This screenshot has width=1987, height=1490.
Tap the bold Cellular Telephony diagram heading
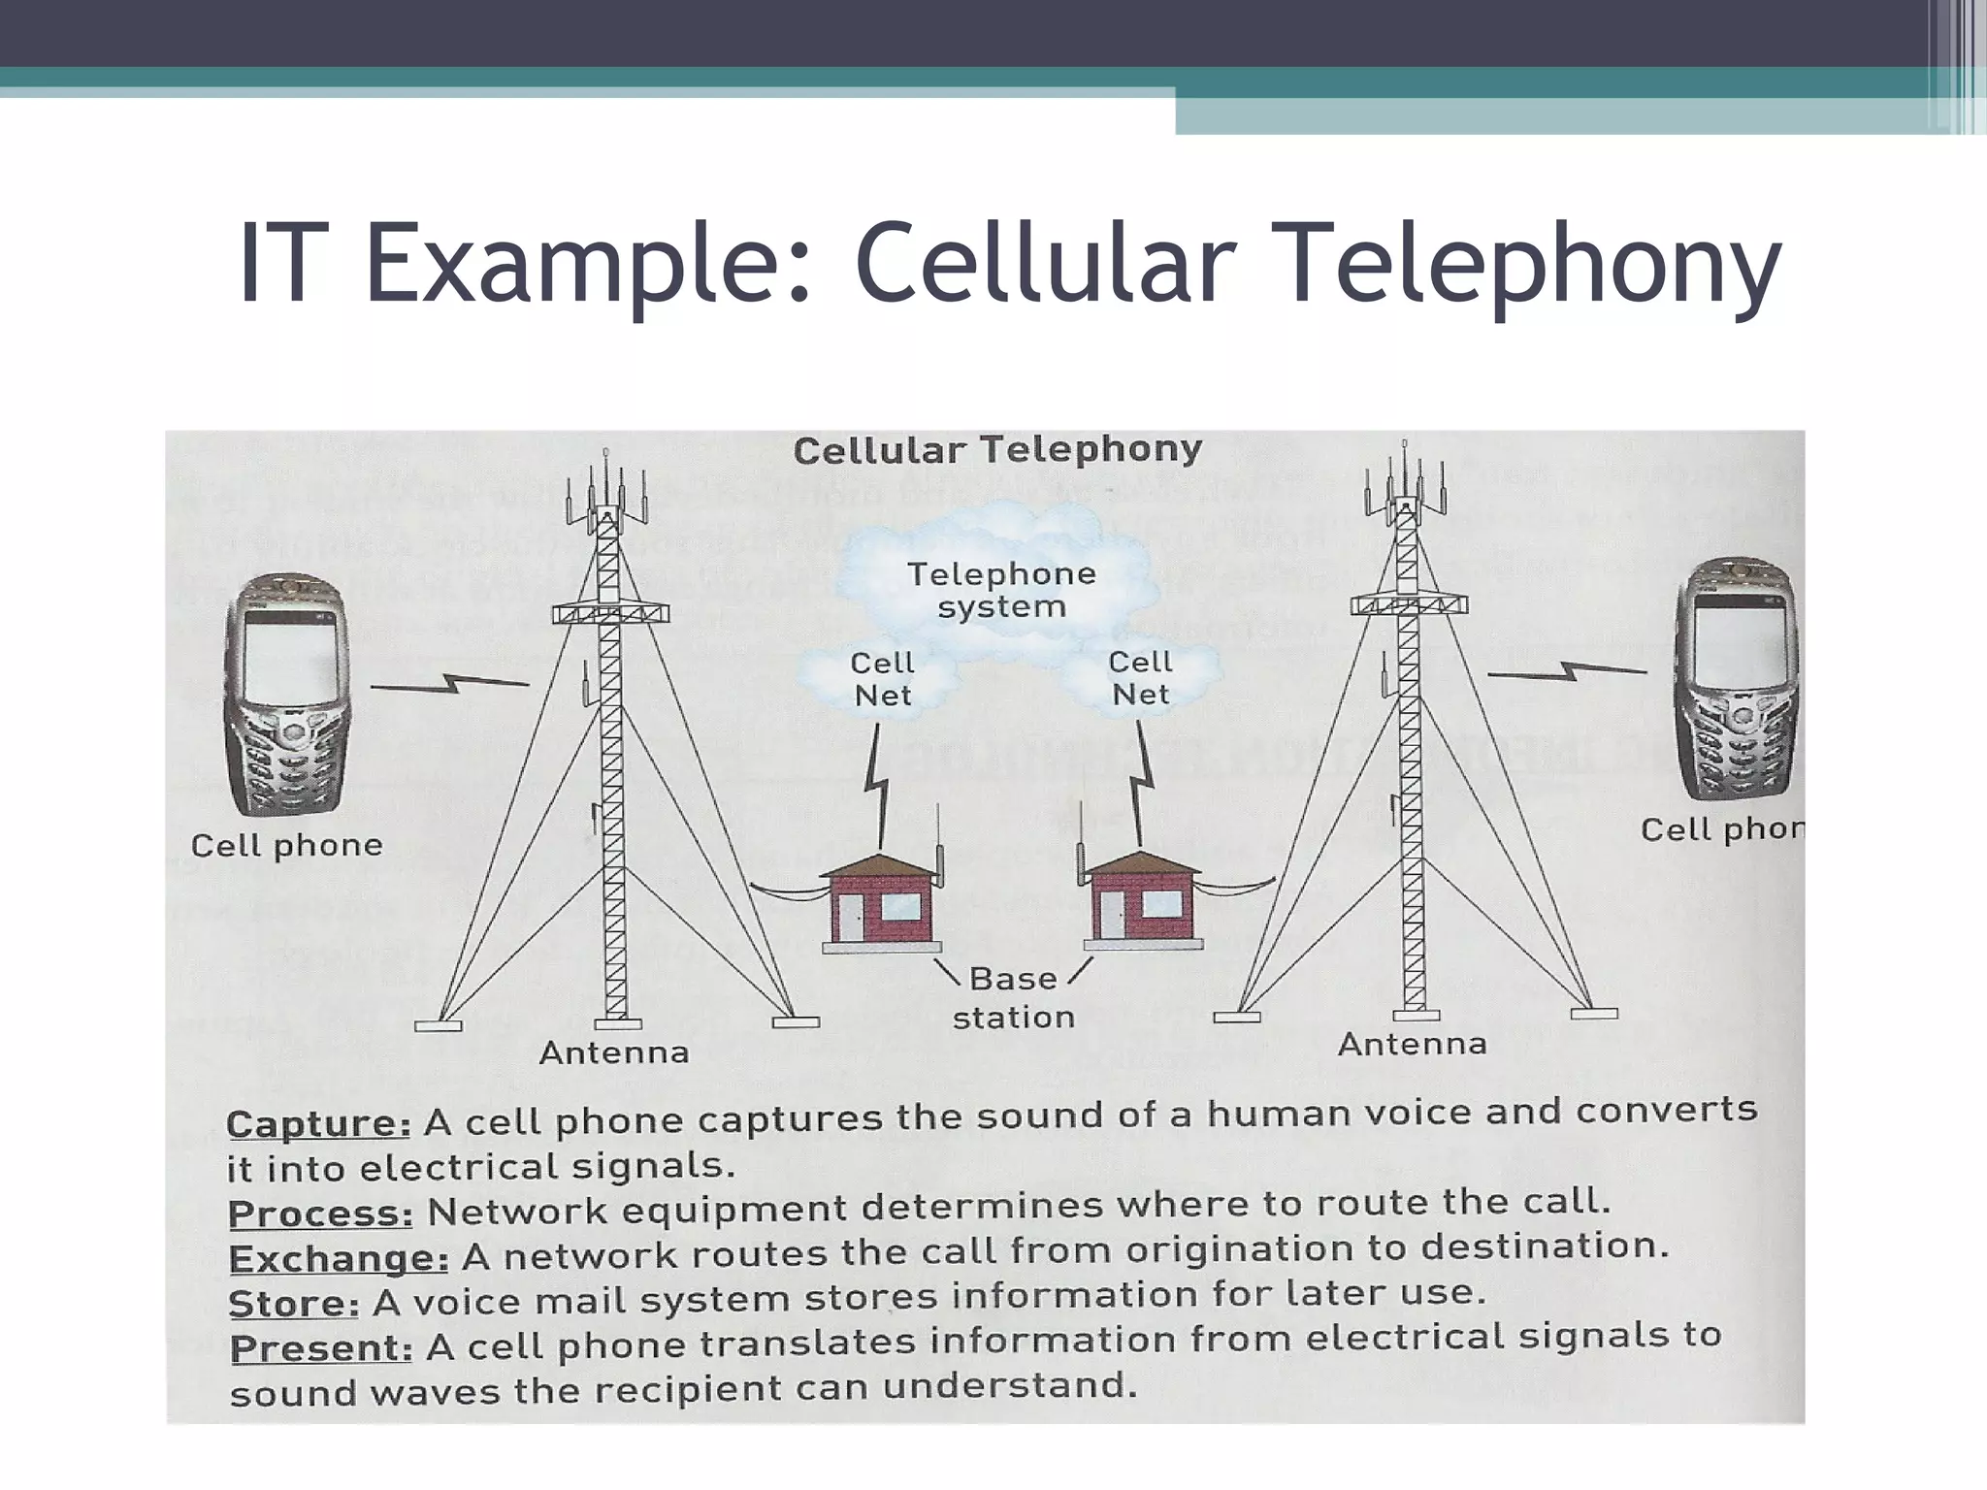point(997,450)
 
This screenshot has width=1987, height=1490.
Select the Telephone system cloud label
point(1001,590)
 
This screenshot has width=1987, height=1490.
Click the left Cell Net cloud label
point(882,679)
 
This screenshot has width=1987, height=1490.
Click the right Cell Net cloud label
point(1140,678)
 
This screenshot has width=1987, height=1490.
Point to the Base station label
point(1013,997)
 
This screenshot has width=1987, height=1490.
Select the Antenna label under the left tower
point(613,1053)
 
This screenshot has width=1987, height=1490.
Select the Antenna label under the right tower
point(1412,1044)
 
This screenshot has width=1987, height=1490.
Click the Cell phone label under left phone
point(286,845)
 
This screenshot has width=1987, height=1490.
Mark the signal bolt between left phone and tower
point(449,685)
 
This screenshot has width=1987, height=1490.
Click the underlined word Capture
point(318,1123)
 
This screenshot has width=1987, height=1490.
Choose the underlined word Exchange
point(338,1258)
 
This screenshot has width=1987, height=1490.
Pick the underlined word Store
point(293,1303)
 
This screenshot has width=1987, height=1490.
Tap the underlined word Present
point(320,1348)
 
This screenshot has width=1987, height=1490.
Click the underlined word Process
point(320,1214)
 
